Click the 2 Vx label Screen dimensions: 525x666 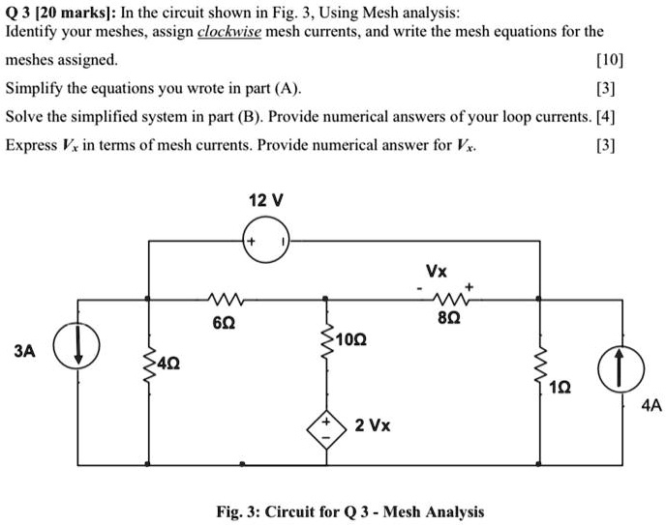coord(373,424)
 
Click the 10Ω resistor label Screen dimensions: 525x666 coord(353,340)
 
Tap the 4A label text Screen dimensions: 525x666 coord(641,406)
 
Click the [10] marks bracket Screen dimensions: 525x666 coord(611,59)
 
